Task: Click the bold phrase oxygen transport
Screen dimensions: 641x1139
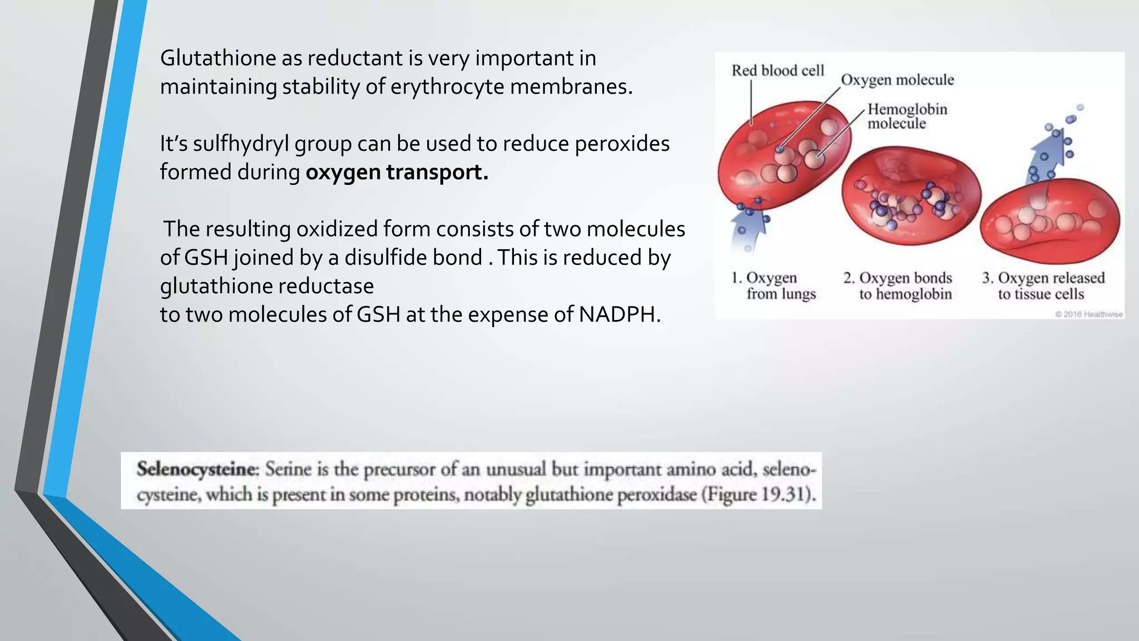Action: pyautogui.click(x=397, y=172)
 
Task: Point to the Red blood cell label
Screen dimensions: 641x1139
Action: pyautogui.click(x=778, y=71)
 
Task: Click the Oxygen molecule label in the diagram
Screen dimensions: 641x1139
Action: pyautogui.click(x=897, y=80)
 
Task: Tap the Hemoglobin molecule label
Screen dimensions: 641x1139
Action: pyautogui.click(x=907, y=116)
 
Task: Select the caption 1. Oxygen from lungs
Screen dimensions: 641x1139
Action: pyautogui.click(x=773, y=285)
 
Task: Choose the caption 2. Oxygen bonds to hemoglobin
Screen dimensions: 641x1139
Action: pyautogui.click(x=898, y=285)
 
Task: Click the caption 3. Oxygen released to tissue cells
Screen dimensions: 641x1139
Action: pyautogui.click(x=1043, y=285)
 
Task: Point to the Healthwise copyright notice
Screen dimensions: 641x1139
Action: pyautogui.click(x=1088, y=314)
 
